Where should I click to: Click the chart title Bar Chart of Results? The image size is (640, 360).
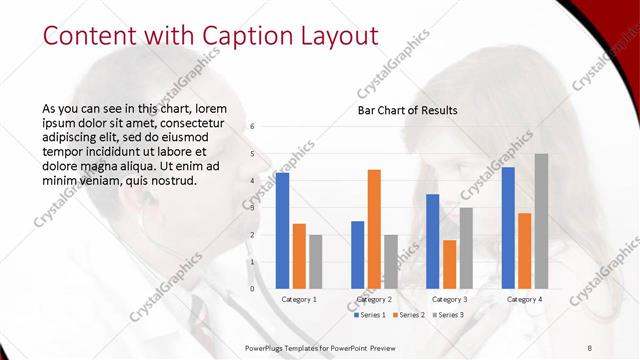coord(408,110)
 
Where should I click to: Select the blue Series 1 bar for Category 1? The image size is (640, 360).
coord(283,230)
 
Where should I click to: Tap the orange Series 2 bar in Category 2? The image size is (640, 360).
coord(374,229)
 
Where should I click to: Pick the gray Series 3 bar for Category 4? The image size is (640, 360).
coord(541,221)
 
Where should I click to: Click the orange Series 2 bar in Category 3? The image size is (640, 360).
coord(450,264)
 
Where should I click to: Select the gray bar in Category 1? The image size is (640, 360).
coord(316,261)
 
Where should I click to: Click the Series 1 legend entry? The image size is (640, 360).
coord(371,315)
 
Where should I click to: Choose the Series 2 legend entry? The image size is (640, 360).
coord(408,315)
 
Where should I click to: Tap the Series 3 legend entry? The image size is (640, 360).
coord(446,315)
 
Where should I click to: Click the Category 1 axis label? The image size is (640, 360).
coord(299,299)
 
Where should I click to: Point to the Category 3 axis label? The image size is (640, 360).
coord(450,299)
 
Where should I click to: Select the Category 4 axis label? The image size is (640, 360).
coord(524,299)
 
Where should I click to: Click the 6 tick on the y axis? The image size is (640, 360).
coord(253,127)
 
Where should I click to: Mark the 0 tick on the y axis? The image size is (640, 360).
coord(253,289)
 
